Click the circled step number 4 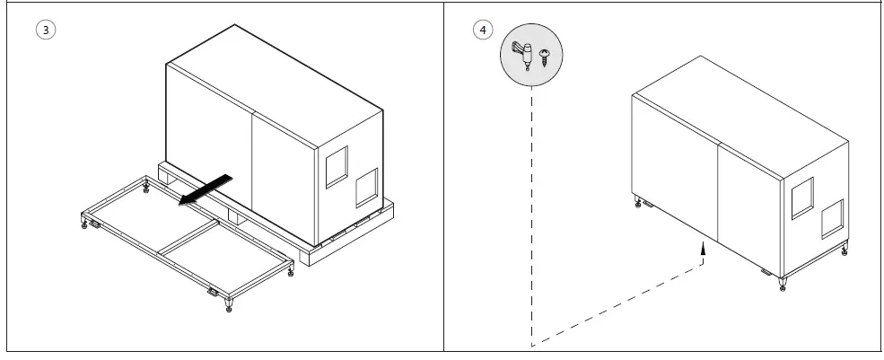pos(484,29)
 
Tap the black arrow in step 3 pos(207,189)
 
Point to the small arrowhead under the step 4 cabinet pos(704,254)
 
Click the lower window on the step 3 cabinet pos(366,189)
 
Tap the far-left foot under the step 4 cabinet pos(638,201)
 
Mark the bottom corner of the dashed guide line pos(532,345)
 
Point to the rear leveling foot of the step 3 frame pos(146,187)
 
